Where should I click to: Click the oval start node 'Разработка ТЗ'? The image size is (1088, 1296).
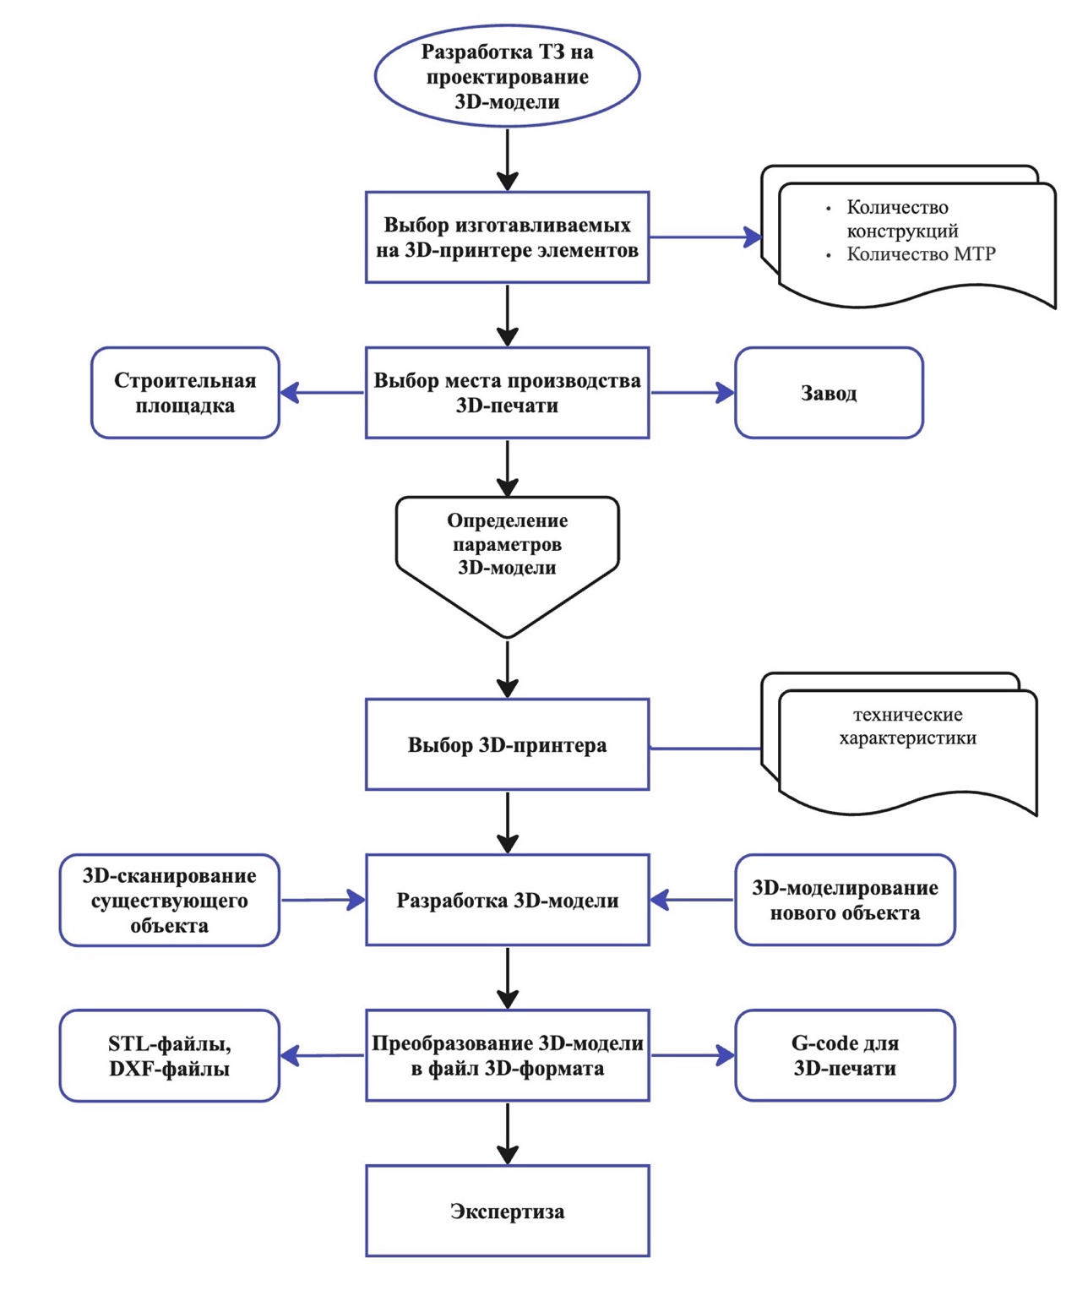tap(507, 76)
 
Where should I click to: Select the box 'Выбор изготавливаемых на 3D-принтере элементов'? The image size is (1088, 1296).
tap(507, 237)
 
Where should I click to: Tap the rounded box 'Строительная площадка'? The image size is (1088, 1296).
tap(185, 393)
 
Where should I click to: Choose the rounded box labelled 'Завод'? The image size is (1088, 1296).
tap(829, 393)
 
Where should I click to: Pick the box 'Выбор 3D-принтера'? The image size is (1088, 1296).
tap(507, 744)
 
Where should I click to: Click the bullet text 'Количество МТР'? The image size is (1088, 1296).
tap(921, 253)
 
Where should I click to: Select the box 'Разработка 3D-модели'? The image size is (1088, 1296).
tap(507, 900)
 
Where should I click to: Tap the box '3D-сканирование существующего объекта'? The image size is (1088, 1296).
tap(170, 900)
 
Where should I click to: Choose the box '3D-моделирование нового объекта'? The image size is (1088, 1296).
tap(845, 900)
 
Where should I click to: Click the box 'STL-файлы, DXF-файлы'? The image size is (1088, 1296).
tap(170, 1056)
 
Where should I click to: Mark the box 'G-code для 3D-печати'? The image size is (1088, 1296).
tap(845, 1056)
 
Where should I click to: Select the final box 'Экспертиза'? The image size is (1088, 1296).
tap(507, 1211)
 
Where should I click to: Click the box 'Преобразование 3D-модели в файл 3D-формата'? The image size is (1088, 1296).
tap(507, 1056)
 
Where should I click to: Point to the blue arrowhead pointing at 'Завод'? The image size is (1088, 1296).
tap(725, 393)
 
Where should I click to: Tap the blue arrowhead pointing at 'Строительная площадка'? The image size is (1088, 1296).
tap(289, 393)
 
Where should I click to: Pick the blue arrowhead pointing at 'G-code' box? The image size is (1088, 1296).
tap(725, 1056)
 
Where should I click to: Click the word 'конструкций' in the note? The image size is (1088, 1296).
tap(902, 231)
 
